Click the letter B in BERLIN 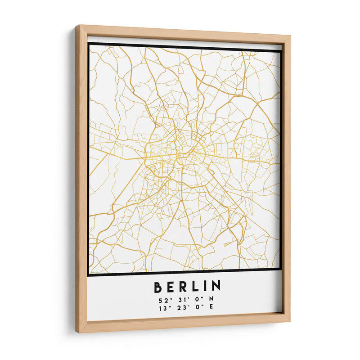click(158, 286)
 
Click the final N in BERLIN click(216, 286)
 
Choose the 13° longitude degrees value click(162, 308)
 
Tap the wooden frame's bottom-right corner click(289, 321)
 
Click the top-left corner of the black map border click(89, 44)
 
